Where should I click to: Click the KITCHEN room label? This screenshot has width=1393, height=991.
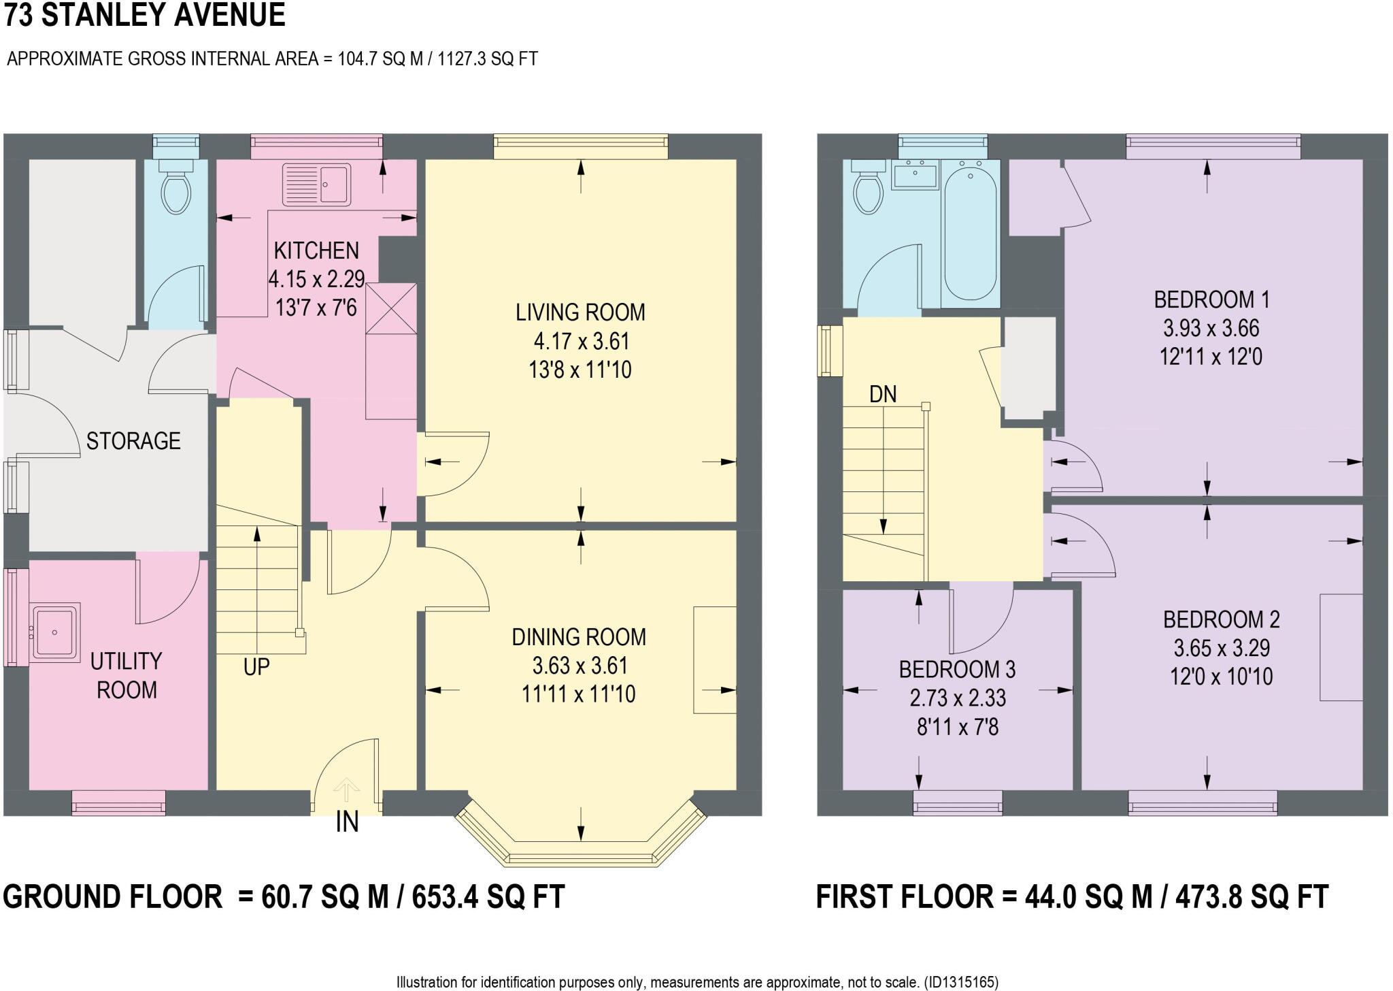pyautogui.click(x=316, y=250)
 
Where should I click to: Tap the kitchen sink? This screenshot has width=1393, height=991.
pyautogui.click(x=317, y=184)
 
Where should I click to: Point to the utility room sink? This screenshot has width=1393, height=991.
pyautogui.click(x=56, y=632)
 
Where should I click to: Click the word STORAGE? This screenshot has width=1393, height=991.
pyautogui.click(x=133, y=441)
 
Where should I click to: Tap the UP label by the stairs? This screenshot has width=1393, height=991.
pyautogui.click(x=256, y=668)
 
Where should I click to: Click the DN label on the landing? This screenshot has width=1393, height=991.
pyautogui.click(x=883, y=394)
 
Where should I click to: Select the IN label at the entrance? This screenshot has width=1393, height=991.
pyautogui.click(x=347, y=822)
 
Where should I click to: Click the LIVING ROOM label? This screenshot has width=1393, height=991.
pyautogui.click(x=580, y=312)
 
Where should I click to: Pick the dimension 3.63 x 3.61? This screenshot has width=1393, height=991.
pyautogui.click(x=580, y=666)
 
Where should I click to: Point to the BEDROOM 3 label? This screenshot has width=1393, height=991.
pyautogui.click(x=957, y=670)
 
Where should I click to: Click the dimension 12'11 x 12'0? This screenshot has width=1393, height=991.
pyautogui.click(x=1211, y=357)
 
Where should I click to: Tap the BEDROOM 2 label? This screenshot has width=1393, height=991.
pyautogui.click(x=1222, y=619)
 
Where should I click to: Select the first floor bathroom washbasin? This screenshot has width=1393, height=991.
pyautogui.click(x=915, y=174)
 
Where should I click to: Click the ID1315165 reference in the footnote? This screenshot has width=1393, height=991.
pyautogui.click(x=960, y=982)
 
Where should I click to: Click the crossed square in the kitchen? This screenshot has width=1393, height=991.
pyautogui.click(x=391, y=308)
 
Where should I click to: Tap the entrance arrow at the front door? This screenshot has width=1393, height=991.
pyautogui.click(x=347, y=792)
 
